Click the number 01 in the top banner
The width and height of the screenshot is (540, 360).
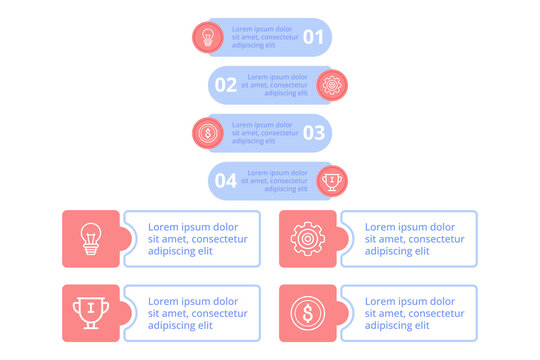(x=314, y=38)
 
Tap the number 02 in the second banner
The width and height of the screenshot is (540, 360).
(x=226, y=85)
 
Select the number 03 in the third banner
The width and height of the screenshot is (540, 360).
(x=314, y=132)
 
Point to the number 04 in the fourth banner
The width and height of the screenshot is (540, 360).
(x=226, y=181)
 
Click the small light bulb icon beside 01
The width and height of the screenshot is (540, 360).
(x=208, y=38)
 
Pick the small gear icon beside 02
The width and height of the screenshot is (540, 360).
(x=332, y=85)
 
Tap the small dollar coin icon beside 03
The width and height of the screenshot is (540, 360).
(x=208, y=132)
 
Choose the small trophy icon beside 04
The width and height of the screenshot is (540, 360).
(x=332, y=181)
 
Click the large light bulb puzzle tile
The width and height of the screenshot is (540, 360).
(x=91, y=239)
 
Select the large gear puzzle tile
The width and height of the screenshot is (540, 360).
(x=307, y=239)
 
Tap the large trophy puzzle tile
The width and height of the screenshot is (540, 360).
(x=91, y=313)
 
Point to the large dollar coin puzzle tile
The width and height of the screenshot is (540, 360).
(x=307, y=313)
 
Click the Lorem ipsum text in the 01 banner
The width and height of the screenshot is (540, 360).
(x=265, y=38)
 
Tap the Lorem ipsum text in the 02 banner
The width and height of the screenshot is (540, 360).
(x=274, y=85)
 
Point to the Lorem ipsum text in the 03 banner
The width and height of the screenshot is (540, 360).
(x=265, y=132)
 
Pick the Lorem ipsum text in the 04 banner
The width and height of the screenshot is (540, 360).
(x=274, y=181)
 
